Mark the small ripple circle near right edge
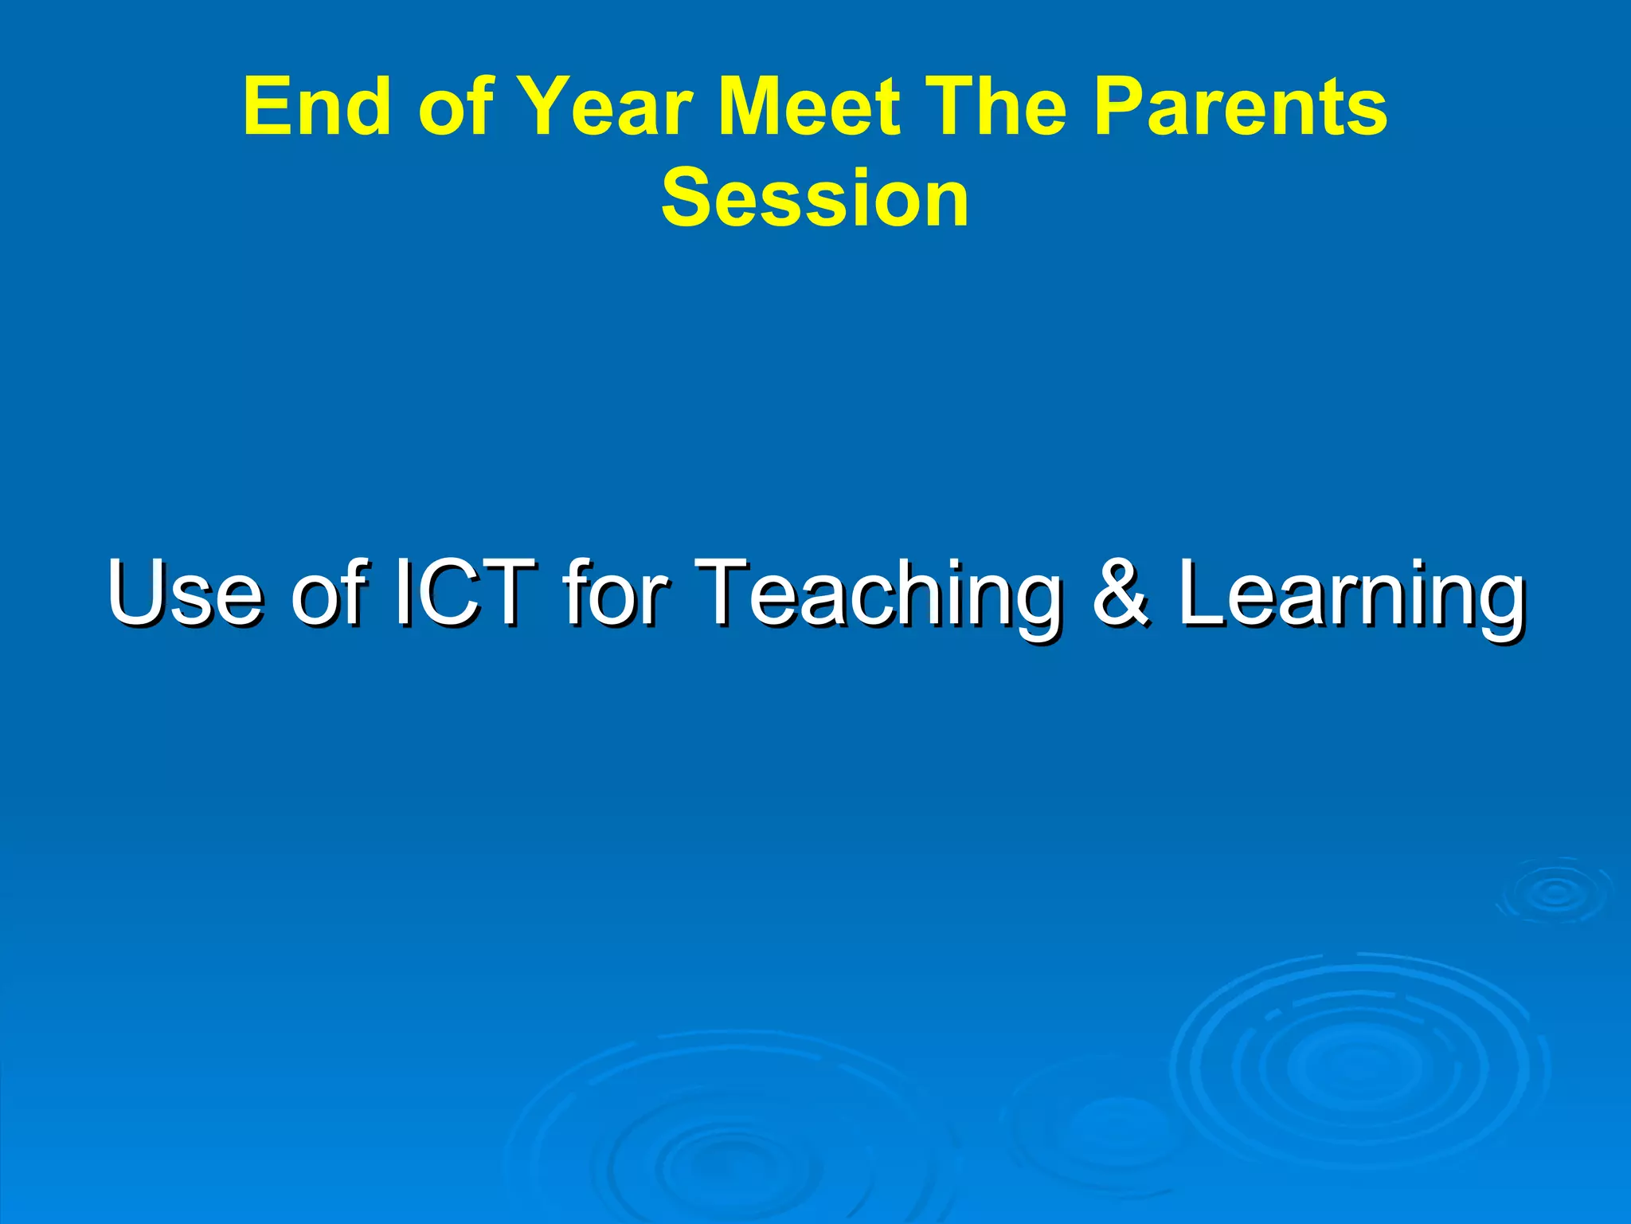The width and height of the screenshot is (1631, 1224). point(1555,892)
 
